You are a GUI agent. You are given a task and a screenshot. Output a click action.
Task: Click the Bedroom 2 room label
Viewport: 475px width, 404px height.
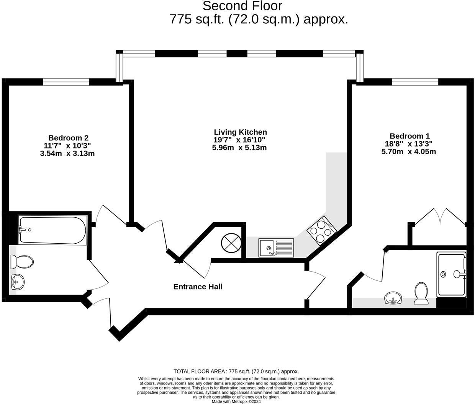tap(68, 138)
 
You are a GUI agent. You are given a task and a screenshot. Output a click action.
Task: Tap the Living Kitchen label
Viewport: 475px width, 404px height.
tap(240, 132)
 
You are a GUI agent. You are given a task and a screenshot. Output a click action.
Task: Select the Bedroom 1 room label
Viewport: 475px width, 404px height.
tap(409, 136)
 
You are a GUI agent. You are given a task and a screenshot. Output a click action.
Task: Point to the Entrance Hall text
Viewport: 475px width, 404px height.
tap(198, 287)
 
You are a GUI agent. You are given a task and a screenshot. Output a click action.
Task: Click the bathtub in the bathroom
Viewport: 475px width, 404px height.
tap(53, 230)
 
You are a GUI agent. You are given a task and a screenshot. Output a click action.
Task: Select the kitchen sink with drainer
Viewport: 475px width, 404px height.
tap(276, 248)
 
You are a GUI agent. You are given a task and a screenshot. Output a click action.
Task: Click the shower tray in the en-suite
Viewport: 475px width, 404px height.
tap(451, 274)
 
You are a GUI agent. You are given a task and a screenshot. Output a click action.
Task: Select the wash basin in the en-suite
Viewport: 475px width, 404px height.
tap(393, 298)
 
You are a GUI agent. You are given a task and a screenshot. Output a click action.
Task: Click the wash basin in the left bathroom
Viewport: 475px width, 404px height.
tap(17, 282)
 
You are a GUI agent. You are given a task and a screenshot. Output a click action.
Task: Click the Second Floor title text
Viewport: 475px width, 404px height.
tap(242, 6)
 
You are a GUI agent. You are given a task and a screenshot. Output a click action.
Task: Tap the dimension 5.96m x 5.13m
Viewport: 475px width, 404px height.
tap(239, 148)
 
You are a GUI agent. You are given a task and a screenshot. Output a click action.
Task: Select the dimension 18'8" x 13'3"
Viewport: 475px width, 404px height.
tap(409, 144)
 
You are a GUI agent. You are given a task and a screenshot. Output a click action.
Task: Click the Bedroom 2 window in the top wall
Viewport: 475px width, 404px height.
tap(66, 82)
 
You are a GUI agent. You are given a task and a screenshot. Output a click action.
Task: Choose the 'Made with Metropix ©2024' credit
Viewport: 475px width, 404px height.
tap(236, 401)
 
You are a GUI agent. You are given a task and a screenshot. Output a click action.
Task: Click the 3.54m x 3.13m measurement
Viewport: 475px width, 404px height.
tap(67, 153)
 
